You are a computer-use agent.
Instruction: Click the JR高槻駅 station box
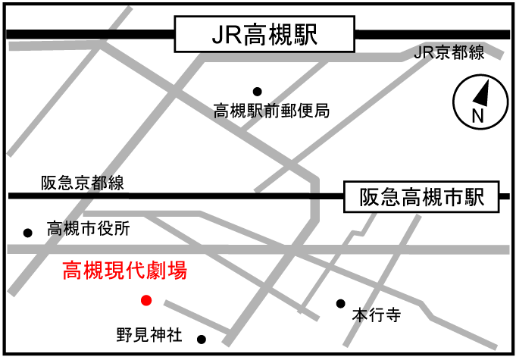(264, 36)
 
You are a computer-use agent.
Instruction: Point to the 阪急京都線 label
(83, 183)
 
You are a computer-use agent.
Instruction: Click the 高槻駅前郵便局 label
(271, 111)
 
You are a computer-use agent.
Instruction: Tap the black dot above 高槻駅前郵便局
(257, 91)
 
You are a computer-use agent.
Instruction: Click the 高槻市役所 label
(89, 228)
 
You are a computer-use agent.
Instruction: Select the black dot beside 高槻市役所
(28, 232)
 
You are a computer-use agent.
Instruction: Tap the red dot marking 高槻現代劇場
(146, 300)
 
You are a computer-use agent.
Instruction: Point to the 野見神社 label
(149, 334)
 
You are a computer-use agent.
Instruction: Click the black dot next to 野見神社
(201, 339)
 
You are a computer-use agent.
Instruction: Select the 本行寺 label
(376, 315)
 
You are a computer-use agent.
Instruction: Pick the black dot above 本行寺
(341, 303)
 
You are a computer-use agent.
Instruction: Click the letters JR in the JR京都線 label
(426, 53)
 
